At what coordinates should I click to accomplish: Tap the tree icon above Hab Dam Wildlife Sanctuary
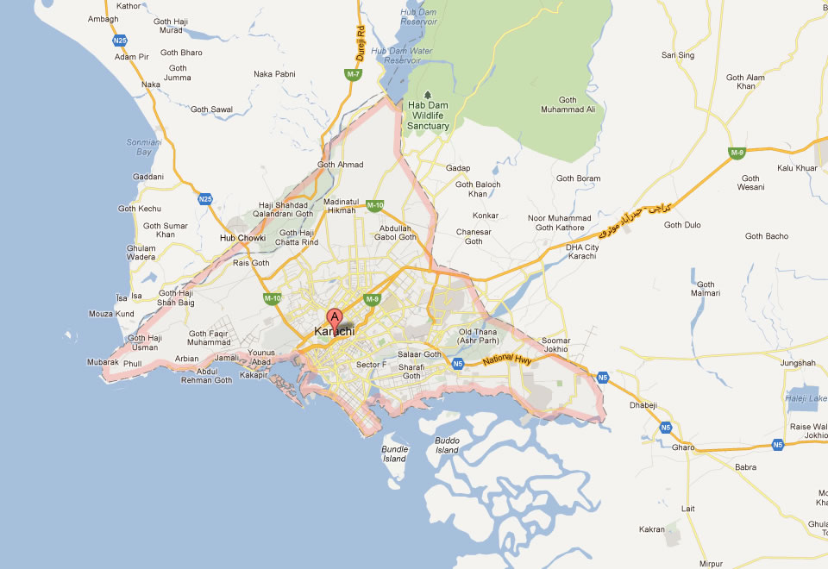click(428, 94)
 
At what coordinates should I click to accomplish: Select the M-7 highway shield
click(354, 75)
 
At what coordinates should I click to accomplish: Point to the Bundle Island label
click(394, 453)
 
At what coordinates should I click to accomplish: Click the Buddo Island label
click(447, 445)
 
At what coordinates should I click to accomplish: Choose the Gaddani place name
click(148, 177)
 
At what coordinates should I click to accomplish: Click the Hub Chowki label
click(242, 238)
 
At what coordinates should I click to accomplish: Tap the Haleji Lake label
click(806, 398)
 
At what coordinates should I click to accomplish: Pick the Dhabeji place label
click(644, 404)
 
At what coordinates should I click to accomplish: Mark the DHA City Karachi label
click(582, 253)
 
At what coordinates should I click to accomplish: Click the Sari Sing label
click(678, 55)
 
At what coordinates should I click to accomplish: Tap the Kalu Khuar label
click(797, 168)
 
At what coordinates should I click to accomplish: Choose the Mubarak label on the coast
click(103, 363)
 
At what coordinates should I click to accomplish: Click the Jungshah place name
click(798, 363)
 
